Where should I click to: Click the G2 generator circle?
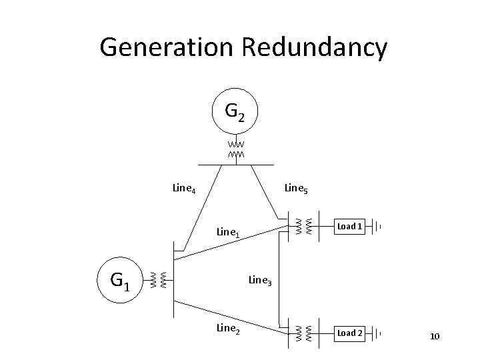235,89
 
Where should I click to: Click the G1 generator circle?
120,257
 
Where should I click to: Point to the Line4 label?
184,188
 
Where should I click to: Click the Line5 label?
296,188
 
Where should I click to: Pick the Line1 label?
228,233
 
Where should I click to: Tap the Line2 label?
228,329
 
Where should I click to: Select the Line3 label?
260,280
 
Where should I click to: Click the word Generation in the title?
166,47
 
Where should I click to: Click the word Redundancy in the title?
315,48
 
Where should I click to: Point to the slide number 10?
435,337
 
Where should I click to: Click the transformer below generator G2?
236,149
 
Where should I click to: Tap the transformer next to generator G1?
159,280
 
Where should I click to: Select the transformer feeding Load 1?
304,227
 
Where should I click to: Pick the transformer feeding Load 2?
304,334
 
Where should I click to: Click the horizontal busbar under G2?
236,165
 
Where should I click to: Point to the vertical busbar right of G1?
173,279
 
